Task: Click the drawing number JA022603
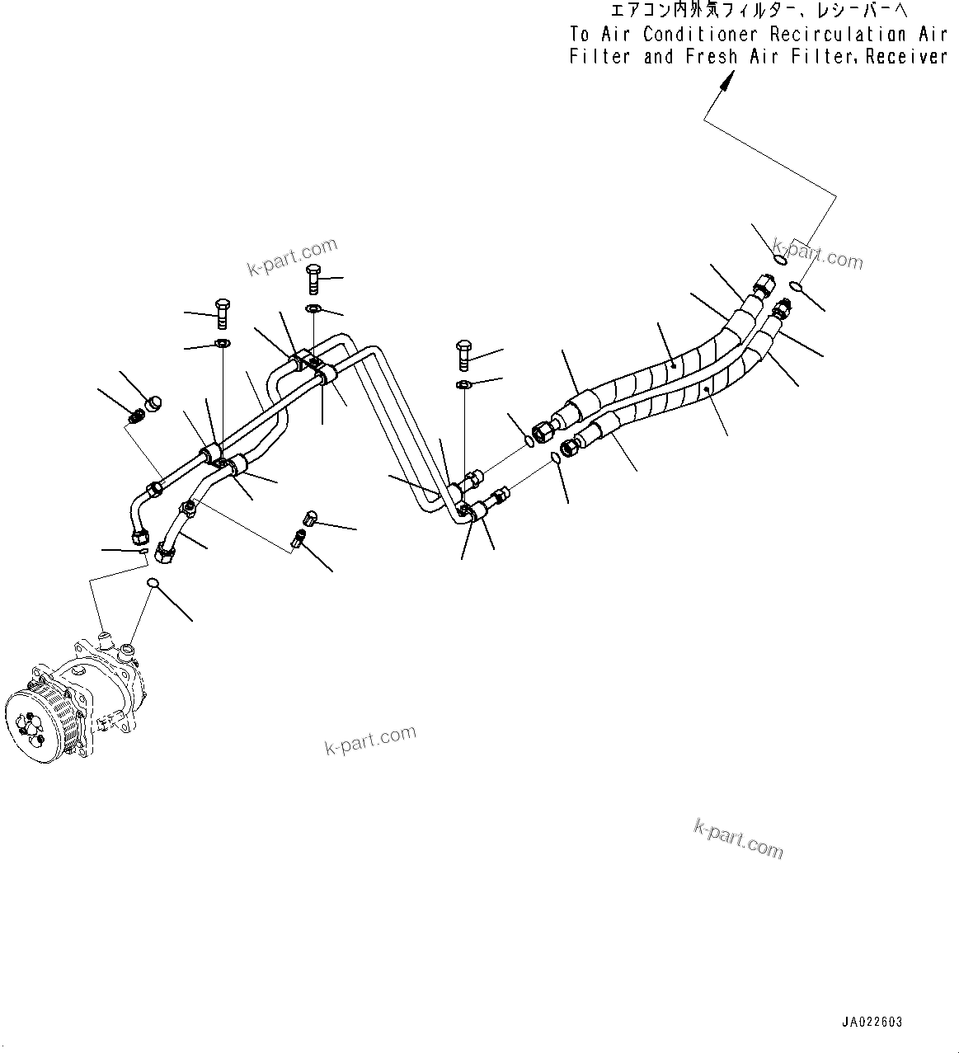(x=872, y=1022)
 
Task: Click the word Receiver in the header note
(x=906, y=57)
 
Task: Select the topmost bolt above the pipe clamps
(x=313, y=279)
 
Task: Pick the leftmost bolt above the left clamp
(x=222, y=313)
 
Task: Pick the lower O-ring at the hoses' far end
(x=795, y=287)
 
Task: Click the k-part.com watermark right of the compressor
(x=370, y=740)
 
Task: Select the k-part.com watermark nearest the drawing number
(x=739, y=837)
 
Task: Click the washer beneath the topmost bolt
(x=314, y=309)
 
